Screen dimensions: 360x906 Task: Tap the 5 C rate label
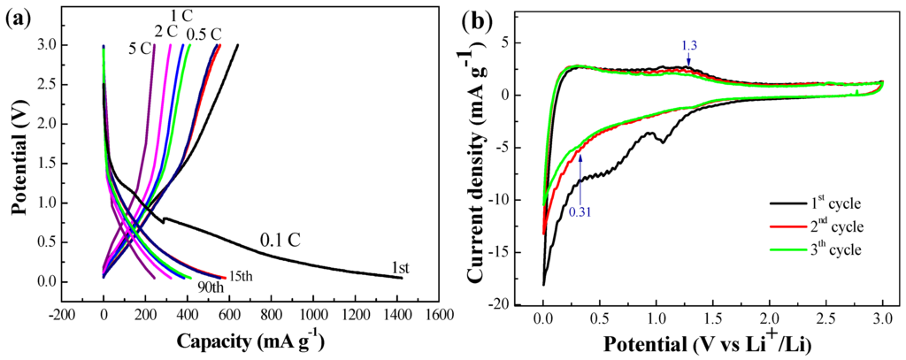point(139,49)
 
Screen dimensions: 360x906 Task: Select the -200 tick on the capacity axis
point(61,313)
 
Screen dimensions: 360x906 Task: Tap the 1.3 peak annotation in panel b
point(688,43)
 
